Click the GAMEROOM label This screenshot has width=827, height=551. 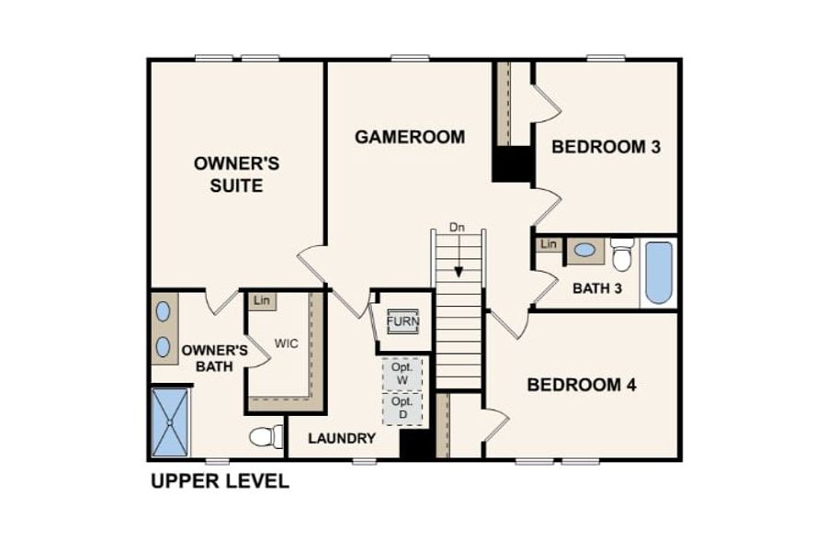pyautogui.click(x=410, y=137)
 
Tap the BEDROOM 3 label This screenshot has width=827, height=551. pyautogui.click(x=606, y=147)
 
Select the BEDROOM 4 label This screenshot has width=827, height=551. pyautogui.click(x=582, y=385)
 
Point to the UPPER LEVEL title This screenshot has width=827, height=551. pyautogui.click(x=220, y=481)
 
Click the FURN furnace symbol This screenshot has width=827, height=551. pyautogui.click(x=403, y=321)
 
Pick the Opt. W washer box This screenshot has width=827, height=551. pyautogui.click(x=402, y=374)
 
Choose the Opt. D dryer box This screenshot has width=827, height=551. pyautogui.click(x=402, y=409)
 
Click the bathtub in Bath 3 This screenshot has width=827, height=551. pyautogui.click(x=659, y=273)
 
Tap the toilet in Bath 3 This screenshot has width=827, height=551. pyautogui.click(x=622, y=254)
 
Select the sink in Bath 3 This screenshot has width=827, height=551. pyautogui.click(x=585, y=251)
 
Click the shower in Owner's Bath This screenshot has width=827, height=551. pyautogui.click(x=170, y=422)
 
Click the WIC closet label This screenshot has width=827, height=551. pyautogui.click(x=287, y=343)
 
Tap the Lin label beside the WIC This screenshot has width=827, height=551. pyautogui.click(x=262, y=300)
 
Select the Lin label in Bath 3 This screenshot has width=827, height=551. pyautogui.click(x=549, y=244)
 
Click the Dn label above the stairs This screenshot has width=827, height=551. pyautogui.click(x=458, y=228)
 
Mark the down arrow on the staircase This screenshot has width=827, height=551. pyautogui.click(x=459, y=255)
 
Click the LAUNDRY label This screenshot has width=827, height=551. pyautogui.click(x=342, y=438)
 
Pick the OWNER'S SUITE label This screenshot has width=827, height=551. pyautogui.click(x=236, y=174)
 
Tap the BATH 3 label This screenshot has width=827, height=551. pyautogui.click(x=597, y=288)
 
